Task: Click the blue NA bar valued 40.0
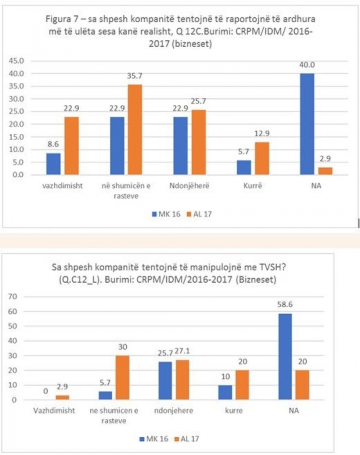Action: pos(307,124)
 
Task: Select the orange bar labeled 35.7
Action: pos(135,129)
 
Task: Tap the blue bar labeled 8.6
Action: pos(53,164)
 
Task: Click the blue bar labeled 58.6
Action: pos(286,356)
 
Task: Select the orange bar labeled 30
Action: pos(121,378)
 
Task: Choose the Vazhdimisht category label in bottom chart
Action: pos(49,411)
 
